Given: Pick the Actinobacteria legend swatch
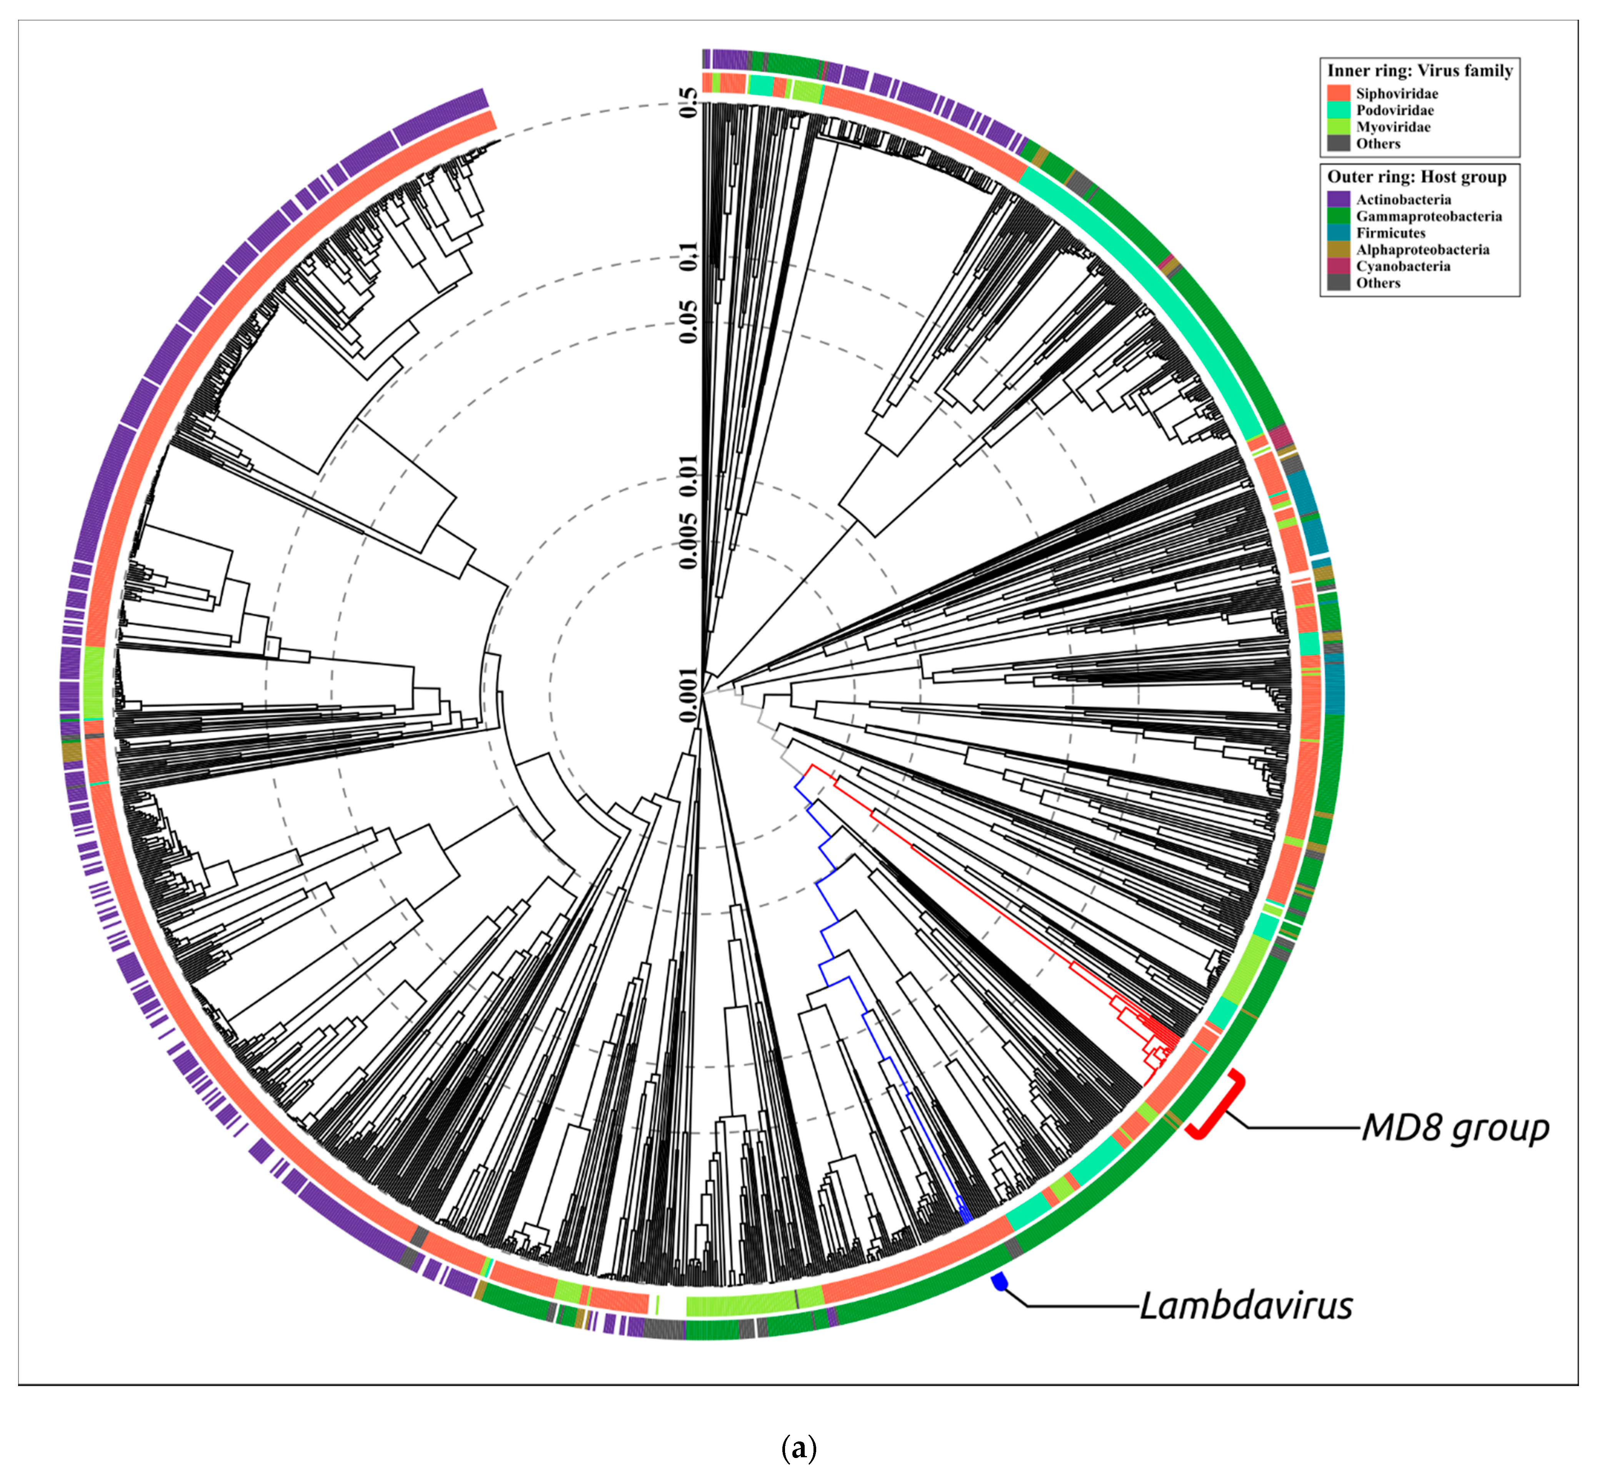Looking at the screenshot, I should click(1338, 199).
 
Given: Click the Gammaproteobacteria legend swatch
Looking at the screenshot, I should click(1338, 216).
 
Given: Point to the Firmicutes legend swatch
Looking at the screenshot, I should click(1338, 233).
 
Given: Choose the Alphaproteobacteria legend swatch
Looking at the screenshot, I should click(1338, 250).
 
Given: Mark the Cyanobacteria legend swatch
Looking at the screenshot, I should click(1338, 266).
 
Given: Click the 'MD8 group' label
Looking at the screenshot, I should click(1455, 1128).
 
